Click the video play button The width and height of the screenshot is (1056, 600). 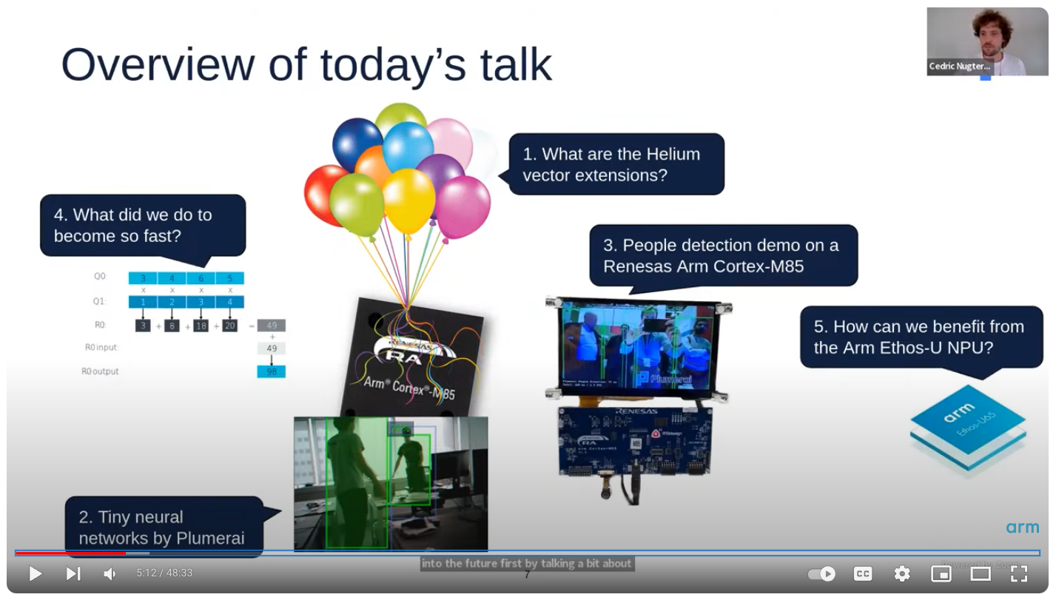point(35,573)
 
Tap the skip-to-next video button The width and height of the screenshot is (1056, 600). point(73,573)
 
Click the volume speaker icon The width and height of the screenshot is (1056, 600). point(110,573)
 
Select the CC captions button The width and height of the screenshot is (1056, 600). point(863,573)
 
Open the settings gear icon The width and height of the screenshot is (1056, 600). point(901,573)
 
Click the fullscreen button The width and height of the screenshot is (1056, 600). point(1019,573)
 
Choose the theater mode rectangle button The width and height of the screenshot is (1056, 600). point(981,573)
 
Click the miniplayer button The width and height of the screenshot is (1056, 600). point(941,573)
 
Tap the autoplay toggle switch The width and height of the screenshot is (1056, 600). point(821,573)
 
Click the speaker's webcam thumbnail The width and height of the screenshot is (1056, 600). point(987,41)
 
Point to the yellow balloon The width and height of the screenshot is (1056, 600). point(408,200)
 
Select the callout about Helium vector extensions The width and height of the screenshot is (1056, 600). point(616,164)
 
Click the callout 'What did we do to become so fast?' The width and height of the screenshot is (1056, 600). point(143,226)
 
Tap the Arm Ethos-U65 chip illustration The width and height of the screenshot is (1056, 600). point(967,427)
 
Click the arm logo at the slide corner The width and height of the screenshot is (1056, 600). point(1022,527)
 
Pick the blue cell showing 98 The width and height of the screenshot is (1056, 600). point(271,371)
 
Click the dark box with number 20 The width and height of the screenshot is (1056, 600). point(229,326)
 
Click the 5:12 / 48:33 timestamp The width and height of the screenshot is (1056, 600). point(164,573)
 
